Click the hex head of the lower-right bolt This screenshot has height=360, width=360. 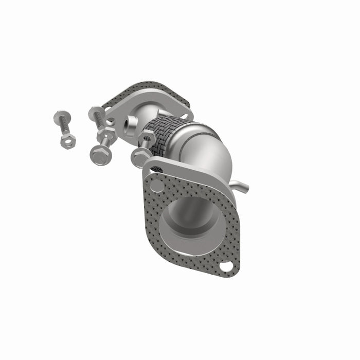(139, 157)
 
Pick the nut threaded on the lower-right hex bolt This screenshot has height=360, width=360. (148, 138)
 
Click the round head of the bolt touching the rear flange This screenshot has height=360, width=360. (96, 112)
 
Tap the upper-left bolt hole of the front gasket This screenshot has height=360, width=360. (156, 183)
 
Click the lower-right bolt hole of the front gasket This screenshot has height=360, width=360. (226, 266)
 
